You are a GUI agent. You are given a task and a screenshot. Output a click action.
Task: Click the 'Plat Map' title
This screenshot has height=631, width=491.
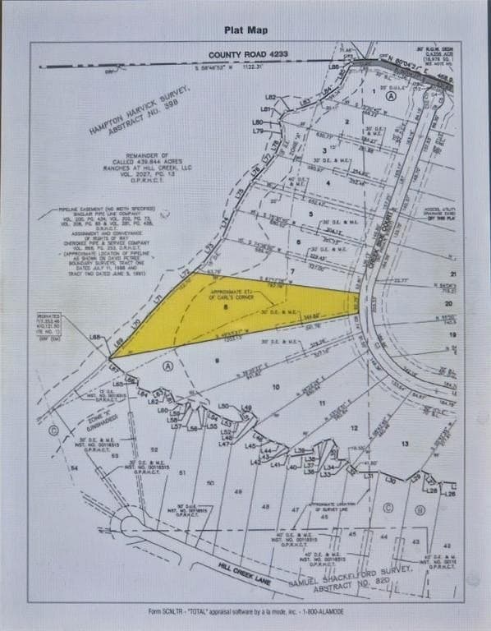click(x=245, y=29)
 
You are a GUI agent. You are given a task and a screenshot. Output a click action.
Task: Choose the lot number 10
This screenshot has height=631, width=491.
click(x=275, y=386)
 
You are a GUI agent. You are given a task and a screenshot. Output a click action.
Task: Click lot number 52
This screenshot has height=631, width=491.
click(x=154, y=449)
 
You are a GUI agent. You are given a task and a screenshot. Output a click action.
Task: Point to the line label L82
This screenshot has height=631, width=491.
click(x=270, y=96)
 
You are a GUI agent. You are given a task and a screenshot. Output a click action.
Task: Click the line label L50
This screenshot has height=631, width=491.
click(x=223, y=406)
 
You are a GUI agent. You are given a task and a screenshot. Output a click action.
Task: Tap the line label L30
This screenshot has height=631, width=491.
click(x=391, y=480)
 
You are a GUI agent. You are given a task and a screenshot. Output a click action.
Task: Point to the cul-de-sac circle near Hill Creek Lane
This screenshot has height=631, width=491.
click(x=132, y=523)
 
